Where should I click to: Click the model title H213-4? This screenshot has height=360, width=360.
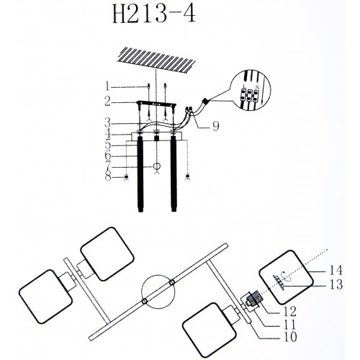point(154,14)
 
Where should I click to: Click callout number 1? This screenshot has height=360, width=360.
point(107,87)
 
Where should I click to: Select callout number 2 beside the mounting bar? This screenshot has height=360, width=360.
point(107,102)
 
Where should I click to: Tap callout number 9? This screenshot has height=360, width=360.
point(216,126)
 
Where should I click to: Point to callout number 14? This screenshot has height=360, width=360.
point(336,270)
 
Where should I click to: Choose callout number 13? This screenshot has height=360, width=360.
point(336,284)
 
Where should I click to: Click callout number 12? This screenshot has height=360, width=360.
point(289,311)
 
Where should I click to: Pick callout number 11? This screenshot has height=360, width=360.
point(289,325)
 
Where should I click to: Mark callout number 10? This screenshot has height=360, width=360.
point(290,337)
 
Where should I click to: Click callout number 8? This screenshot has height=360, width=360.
point(108,177)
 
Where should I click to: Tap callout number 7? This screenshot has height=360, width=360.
point(108,166)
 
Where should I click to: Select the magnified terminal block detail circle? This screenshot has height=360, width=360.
point(251,90)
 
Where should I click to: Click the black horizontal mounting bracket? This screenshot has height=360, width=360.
point(156,104)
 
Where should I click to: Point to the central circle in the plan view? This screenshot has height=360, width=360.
point(158,292)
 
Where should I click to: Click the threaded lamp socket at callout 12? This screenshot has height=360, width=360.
point(255,300)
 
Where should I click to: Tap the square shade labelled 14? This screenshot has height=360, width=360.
point(286,277)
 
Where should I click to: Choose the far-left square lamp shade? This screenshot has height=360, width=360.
point(45,297)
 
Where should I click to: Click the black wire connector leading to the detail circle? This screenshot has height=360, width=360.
point(206,101)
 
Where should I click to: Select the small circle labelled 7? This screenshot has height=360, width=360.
point(157,166)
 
